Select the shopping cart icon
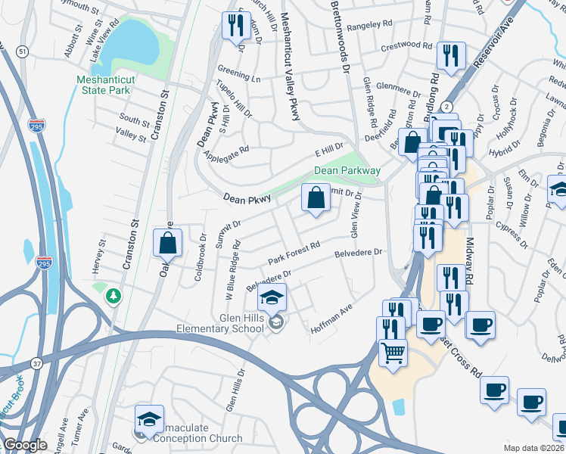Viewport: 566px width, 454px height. (x=393, y=353)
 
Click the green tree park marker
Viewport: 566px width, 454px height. (x=114, y=295)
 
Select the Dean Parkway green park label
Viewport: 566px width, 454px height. (x=347, y=171)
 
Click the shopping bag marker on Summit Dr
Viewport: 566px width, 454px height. (x=316, y=199)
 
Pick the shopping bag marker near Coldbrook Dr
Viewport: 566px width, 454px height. (x=168, y=244)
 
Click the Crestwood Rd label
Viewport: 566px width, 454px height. (x=406, y=45)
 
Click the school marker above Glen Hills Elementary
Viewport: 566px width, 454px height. (x=272, y=297)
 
